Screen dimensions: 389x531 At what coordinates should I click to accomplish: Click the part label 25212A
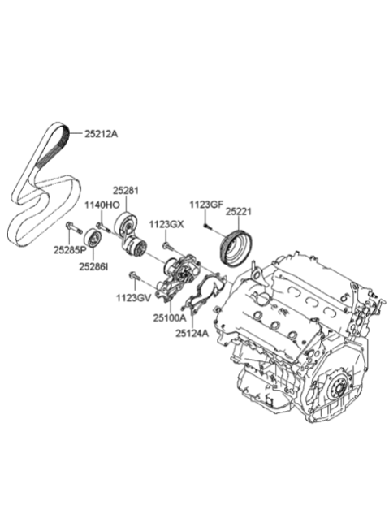[101, 134]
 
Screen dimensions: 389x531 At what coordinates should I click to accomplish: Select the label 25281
[126, 191]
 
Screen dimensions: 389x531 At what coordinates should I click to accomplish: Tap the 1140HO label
[102, 205]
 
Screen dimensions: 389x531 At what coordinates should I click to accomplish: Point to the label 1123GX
[167, 224]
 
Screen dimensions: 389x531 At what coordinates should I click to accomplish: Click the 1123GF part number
[206, 205]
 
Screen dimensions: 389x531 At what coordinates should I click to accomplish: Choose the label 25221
[239, 212]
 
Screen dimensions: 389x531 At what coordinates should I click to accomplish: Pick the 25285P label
[70, 250]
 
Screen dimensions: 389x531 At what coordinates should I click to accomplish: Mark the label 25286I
[93, 267]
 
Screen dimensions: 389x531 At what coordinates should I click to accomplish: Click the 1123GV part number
[133, 298]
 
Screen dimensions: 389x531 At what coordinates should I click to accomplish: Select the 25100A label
[170, 318]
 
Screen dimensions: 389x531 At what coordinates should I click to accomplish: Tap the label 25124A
[192, 334]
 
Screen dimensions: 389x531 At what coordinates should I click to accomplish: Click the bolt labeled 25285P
[74, 227]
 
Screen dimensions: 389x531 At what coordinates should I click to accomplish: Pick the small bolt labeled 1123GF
[207, 227]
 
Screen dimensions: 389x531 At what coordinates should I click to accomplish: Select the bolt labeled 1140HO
[103, 227]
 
